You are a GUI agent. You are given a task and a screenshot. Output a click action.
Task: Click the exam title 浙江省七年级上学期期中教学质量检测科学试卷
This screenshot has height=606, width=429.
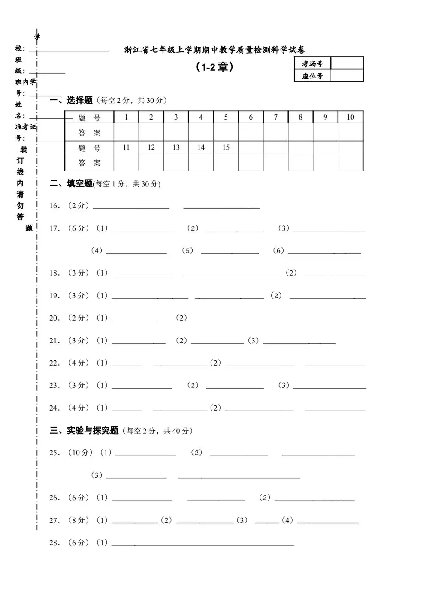[214, 50]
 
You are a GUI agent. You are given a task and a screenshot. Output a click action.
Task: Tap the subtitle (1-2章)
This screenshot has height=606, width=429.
[214, 67]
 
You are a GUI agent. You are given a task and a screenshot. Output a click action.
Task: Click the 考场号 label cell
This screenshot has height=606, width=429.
[312, 63]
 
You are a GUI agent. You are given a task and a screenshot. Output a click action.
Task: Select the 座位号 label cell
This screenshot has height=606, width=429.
[312, 76]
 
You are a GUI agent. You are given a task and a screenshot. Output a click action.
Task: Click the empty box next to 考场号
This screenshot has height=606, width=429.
[347, 63]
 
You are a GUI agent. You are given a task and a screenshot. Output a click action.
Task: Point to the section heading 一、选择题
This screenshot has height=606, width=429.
[71, 100]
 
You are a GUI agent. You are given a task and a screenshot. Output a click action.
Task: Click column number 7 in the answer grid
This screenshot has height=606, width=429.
[276, 117]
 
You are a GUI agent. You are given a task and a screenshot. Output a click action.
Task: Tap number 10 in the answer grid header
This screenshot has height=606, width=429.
[350, 117]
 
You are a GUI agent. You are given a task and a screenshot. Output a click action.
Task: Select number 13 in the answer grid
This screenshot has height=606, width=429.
[176, 147]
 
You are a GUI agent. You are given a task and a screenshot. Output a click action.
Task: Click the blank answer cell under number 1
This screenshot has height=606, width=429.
[126, 132]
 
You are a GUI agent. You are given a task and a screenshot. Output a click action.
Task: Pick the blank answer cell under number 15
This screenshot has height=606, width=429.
[226, 162]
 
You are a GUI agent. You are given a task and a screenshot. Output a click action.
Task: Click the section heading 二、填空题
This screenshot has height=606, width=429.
[71, 184]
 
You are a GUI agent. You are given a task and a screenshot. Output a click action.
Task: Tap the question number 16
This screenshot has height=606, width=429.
[54, 206]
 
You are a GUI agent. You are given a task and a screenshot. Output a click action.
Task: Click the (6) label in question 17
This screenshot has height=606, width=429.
[278, 251]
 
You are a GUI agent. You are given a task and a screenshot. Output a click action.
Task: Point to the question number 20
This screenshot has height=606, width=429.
[54, 318]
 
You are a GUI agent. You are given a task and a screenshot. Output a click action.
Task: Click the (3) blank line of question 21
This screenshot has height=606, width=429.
[299, 343]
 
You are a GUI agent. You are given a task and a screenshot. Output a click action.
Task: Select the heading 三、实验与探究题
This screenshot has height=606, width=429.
[84, 431]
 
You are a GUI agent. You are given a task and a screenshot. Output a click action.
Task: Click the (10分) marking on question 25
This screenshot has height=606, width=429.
[80, 453]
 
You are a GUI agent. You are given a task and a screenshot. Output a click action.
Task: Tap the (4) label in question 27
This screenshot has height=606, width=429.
[287, 520]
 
